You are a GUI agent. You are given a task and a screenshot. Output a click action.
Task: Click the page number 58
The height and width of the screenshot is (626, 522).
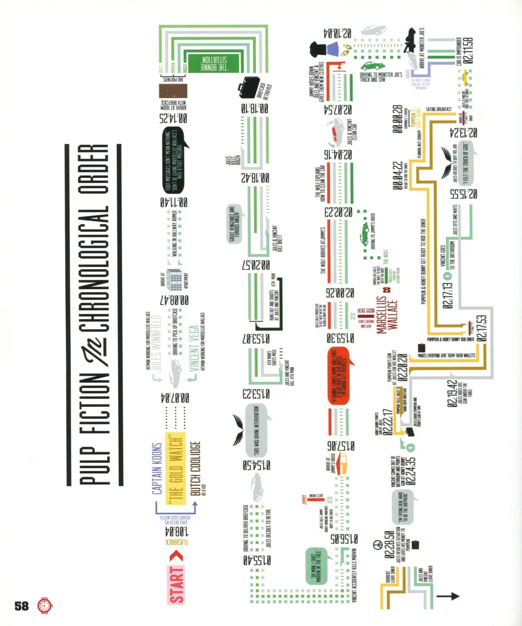coord(22,606)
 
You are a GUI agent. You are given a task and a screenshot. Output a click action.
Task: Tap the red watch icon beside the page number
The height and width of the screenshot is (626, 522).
coord(45,606)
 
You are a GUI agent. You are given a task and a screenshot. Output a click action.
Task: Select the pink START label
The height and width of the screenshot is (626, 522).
coord(176,584)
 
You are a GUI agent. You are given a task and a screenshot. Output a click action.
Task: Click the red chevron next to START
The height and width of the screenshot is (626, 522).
coord(177,556)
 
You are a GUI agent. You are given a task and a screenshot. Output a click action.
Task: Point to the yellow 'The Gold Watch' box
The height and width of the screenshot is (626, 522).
coord(176,468)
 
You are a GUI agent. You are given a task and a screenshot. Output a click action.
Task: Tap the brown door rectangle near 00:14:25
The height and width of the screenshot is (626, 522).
coord(173,91)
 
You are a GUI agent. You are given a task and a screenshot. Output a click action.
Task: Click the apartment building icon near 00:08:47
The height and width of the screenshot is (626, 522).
coord(175,279)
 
